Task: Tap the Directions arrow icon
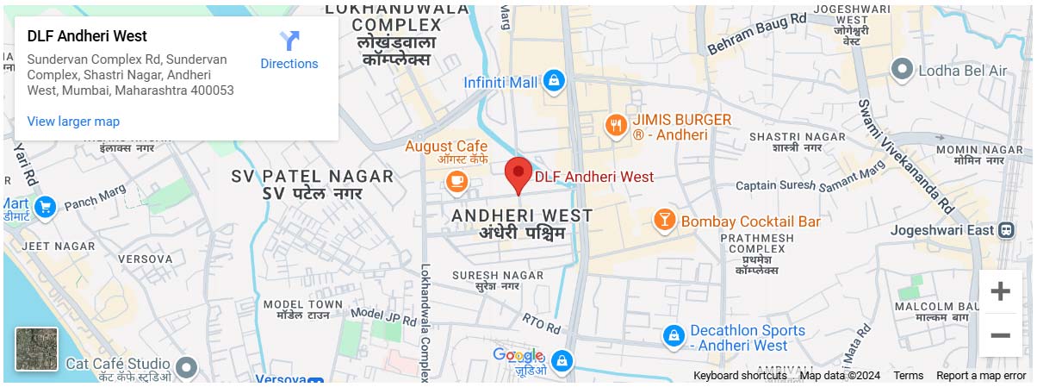click(x=289, y=41)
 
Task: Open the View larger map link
click(x=73, y=122)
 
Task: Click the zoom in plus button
click(x=1000, y=291)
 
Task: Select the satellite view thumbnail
click(x=36, y=349)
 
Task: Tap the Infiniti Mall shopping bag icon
click(x=553, y=82)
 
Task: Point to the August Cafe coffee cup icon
click(x=456, y=181)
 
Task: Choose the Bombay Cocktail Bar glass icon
click(x=664, y=221)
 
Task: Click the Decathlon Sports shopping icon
click(x=674, y=334)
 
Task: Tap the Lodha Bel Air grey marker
click(x=903, y=69)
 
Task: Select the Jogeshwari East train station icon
click(x=1005, y=230)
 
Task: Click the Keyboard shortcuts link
click(x=739, y=376)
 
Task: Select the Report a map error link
click(x=980, y=376)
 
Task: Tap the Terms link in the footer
click(x=908, y=376)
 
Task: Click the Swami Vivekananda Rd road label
click(x=904, y=155)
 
